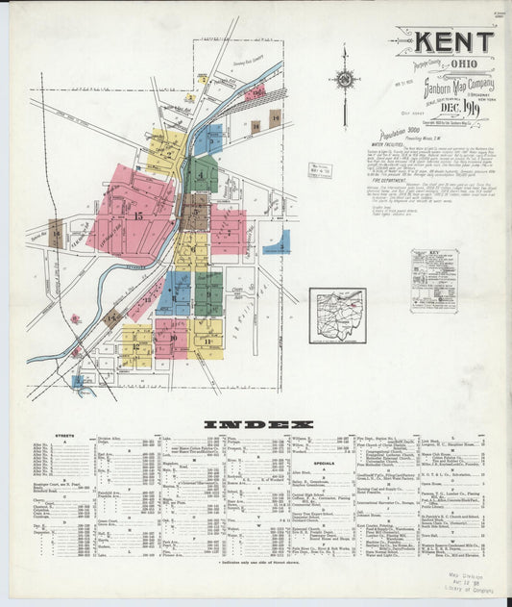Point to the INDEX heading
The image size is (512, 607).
256,423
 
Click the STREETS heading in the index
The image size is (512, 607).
66,435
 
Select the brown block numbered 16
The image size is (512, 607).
58,233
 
